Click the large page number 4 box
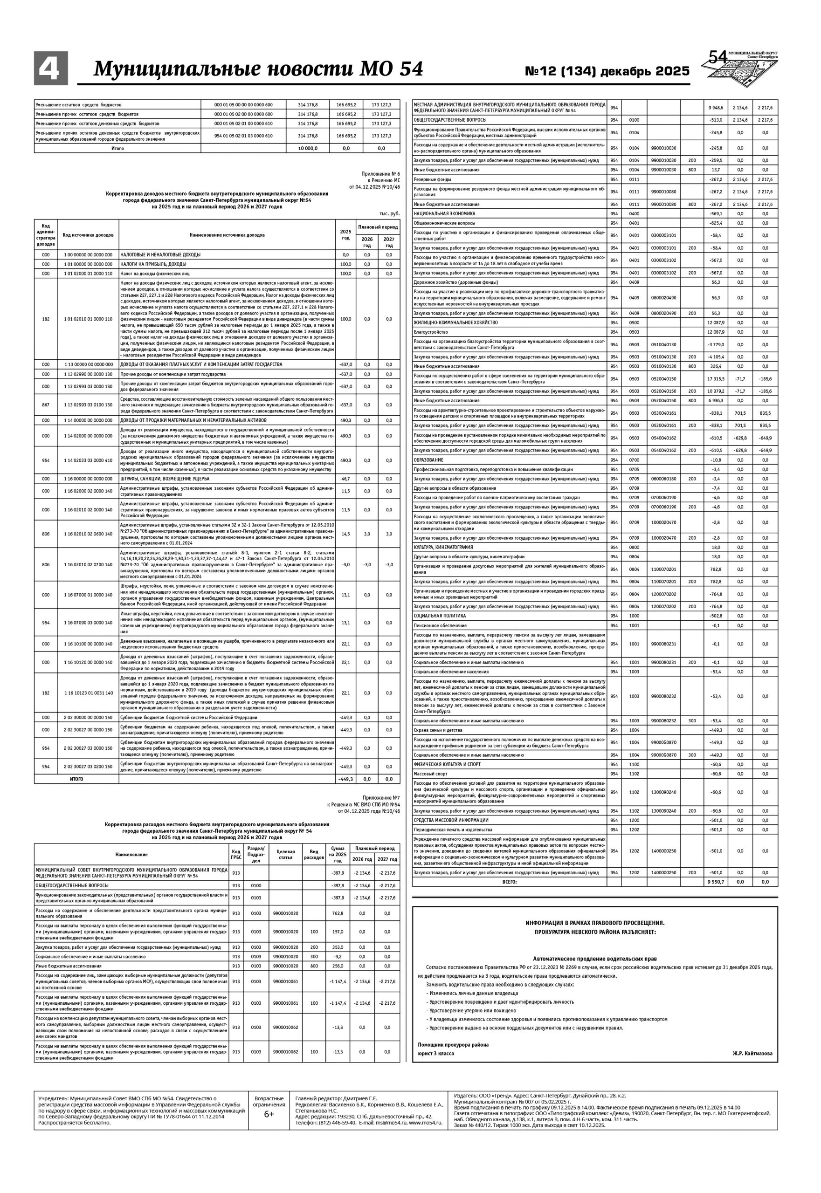click(x=50, y=69)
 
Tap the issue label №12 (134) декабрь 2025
click(x=607, y=71)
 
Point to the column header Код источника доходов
click(x=88, y=235)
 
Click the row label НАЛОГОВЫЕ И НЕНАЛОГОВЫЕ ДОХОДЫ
click(x=160, y=254)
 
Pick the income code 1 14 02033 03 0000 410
click(x=88, y=460)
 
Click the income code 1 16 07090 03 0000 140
click(x=88, y=623)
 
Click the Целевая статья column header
click(x=285, y=854)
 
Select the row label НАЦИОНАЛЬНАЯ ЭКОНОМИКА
click(x=444, y=213)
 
